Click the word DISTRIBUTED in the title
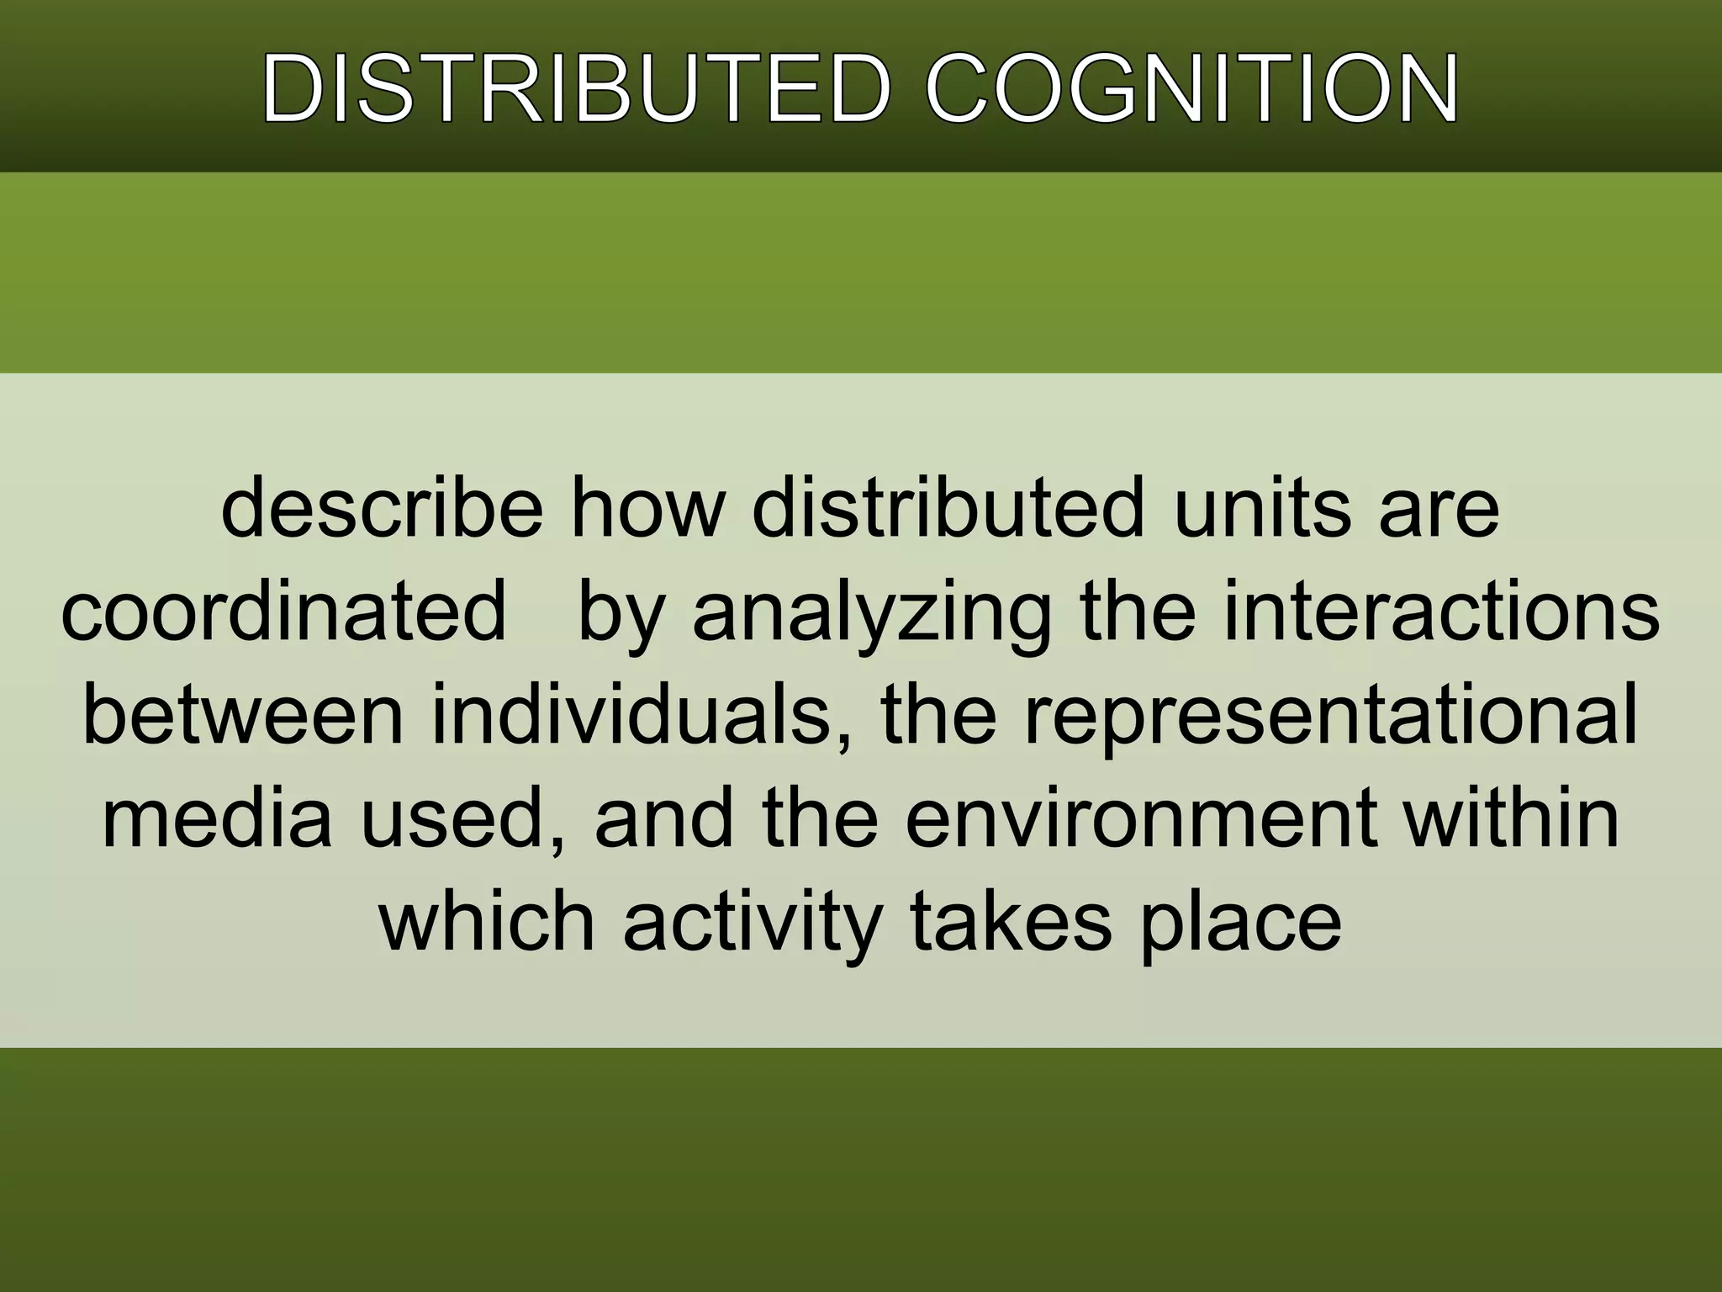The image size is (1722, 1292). coord(575,89)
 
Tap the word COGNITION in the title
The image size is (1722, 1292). coord(1192,89)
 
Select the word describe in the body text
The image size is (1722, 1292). coord(382,510)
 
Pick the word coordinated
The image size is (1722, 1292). coord(283,612)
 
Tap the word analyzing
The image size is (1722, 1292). coord(871,612)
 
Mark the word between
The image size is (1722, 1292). coord(243,715)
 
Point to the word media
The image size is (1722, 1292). coord(217,818)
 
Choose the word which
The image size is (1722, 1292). coord(487,920)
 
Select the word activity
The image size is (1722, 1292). coord(753,920)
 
